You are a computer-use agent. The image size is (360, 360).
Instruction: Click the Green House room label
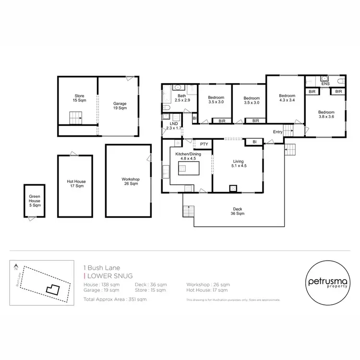pyautogui.click(x=34, y=200)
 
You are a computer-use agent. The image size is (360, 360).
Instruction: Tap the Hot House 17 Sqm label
pyautogui.click(x=76, y=184)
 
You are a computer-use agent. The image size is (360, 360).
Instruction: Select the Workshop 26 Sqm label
pyautogui.click(x=130, y=181)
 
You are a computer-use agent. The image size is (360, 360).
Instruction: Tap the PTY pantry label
pyautogui.click(x=204, y=144)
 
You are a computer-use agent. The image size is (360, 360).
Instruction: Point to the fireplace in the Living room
pyautogui.click(x=233, y=188)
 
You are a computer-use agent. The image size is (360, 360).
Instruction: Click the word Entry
pyautogui.click(x=277, y=132)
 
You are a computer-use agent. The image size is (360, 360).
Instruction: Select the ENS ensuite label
pyautogui.click(x=325, y=84)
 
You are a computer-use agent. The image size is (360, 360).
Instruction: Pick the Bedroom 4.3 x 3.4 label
pyautogui.click(x=286, y=98)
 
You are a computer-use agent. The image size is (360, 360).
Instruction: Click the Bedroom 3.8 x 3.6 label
pyautogui.click(x=326, y=115)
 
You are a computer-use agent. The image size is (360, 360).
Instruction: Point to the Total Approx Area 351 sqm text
pyautogui.click(x=115, y=299)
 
